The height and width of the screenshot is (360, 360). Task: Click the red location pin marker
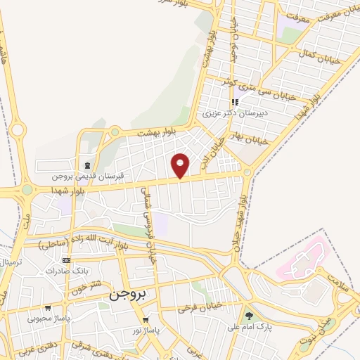[181, 165]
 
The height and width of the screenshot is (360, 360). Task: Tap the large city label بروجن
[127, 296]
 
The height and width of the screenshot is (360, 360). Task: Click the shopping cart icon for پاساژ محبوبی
[46, 307]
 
